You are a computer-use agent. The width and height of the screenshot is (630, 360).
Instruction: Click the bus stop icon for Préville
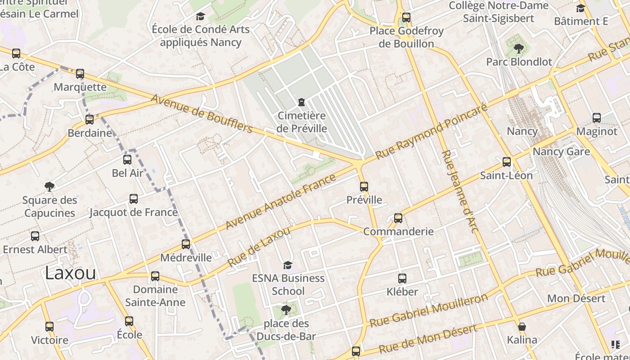click(364, 186)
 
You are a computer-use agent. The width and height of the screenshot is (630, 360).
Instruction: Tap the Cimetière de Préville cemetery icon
click(301, 102)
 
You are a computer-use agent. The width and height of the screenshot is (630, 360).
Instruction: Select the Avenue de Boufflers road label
click(202, 113)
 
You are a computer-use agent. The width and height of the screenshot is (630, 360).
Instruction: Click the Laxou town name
click(71, 273)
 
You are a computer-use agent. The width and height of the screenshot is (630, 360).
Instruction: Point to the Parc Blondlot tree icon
click(518, 48)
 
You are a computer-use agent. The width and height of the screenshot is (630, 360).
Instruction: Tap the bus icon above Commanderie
click(398, 218)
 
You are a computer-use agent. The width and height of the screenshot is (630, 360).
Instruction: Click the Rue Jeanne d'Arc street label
click(459, 192)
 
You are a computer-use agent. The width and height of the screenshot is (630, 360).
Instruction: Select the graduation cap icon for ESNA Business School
click(288, 265)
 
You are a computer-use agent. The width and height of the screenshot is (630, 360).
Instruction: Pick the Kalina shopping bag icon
click(522, 326)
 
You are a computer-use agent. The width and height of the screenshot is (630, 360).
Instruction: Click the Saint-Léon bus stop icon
click(507, 162)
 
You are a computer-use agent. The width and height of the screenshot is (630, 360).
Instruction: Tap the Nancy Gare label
click(561, 151)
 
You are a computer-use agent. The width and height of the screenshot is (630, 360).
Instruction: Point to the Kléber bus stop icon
click(402, 278)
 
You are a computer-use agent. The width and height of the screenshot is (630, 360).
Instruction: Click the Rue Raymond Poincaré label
click(431, 131)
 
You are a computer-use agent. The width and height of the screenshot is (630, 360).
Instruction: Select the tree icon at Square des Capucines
click(49, 186)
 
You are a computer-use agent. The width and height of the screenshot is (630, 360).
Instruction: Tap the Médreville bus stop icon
click(185, 244)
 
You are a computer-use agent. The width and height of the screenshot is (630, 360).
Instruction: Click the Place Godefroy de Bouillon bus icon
click(406, 18)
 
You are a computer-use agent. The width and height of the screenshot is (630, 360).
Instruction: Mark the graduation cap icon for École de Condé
click(200, 17)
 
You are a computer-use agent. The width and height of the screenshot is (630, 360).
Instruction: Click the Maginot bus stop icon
click(596, 117)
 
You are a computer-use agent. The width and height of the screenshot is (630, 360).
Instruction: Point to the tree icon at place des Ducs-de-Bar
click(286, 310)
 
